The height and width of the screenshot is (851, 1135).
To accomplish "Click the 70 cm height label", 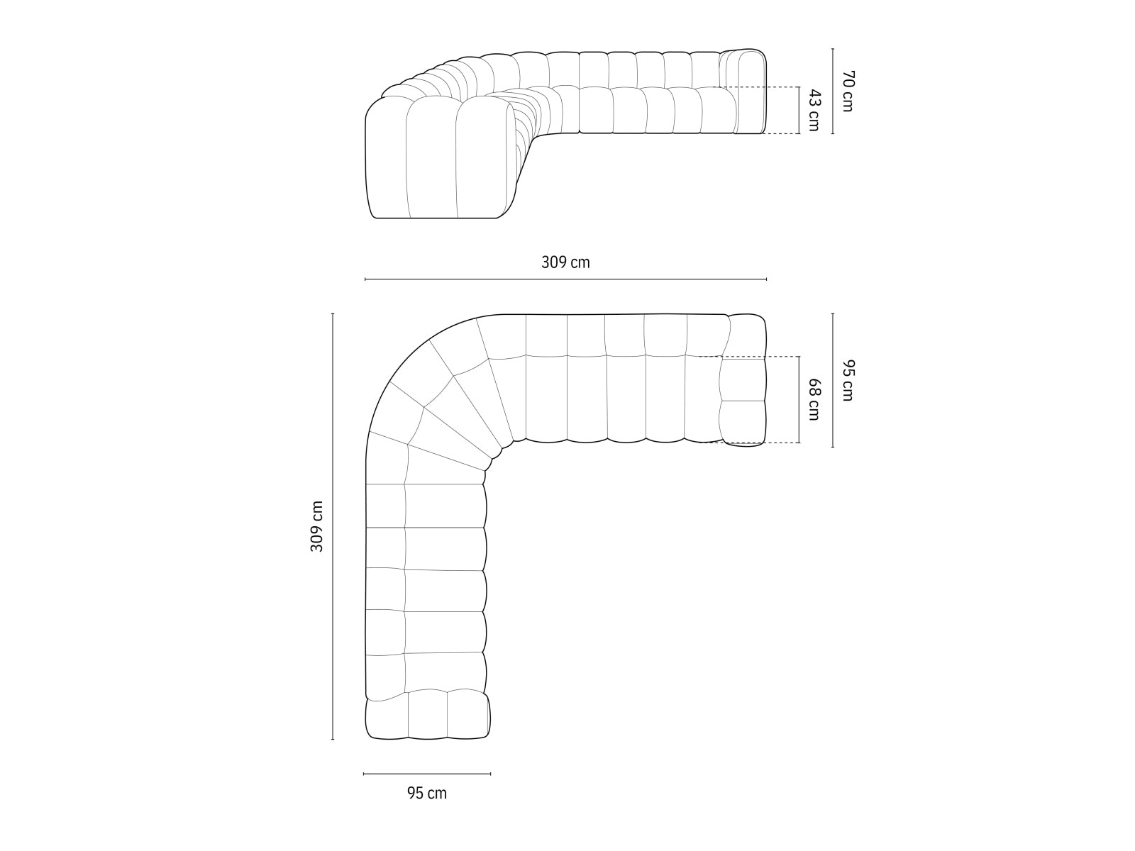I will point(847,91).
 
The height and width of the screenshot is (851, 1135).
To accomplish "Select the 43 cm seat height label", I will point(814,110).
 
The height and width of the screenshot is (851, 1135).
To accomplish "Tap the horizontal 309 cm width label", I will point(565,262).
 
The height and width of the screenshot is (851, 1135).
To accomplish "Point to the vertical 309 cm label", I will point(316,526).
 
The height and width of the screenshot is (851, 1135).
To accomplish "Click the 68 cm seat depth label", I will point(814,399).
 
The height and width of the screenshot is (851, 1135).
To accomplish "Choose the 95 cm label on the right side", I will point(847,381).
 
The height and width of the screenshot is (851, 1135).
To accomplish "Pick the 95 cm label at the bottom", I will point(427,793).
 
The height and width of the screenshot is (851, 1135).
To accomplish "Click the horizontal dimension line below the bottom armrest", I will point(427,774).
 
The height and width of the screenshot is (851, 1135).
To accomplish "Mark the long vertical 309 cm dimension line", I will point(333,526).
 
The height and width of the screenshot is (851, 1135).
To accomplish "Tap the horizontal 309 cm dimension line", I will point(565,279).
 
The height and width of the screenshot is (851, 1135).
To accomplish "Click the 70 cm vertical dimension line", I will point(833,91).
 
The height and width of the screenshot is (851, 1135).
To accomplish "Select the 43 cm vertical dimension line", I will point(799,110).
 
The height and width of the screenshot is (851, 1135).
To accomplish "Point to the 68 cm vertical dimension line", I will point(799,399).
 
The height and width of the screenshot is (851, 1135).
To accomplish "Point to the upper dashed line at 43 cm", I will point(752,87).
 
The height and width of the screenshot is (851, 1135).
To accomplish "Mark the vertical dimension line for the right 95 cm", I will point(833,381).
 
